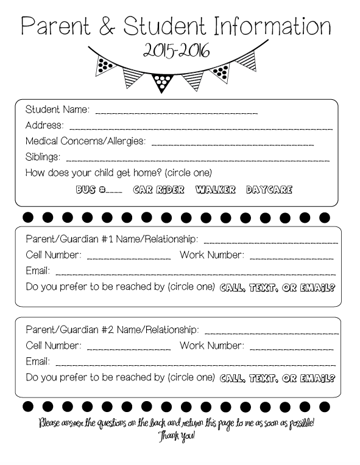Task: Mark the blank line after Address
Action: coord(200,127)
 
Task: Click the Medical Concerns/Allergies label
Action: coord(85,141)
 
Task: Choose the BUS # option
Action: coord(99,189)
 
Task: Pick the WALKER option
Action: coord(215,189)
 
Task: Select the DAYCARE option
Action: coord(269,189)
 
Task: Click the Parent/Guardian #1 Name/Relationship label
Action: coord(111,239)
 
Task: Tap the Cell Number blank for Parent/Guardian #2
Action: coord(129,347)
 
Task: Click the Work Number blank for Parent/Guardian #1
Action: coord(292,256)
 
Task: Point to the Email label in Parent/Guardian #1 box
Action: coord(37,271)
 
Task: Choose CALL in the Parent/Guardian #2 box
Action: coord(233,377)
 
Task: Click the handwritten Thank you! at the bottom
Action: coord(177,436)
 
